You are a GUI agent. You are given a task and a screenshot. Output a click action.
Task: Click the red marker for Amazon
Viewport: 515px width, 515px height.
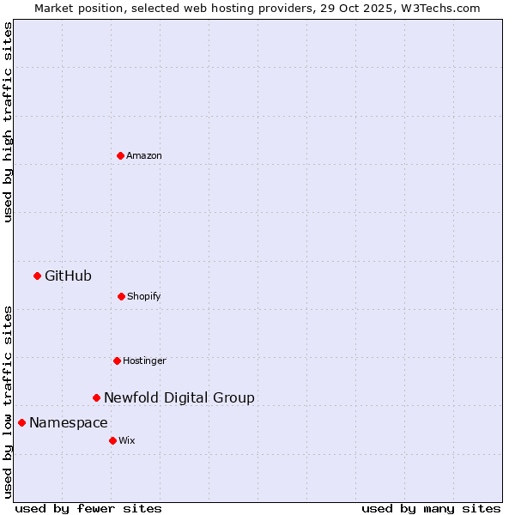(x=120, y=155)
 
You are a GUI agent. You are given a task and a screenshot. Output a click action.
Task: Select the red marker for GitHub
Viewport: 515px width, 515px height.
(x=37, y=276)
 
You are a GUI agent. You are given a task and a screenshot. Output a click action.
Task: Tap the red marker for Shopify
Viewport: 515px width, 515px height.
(x=121, y=296)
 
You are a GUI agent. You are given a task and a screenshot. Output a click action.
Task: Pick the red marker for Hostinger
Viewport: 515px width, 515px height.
(x=117, y=360)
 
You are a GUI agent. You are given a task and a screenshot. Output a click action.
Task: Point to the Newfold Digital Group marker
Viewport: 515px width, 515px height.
(x=96, y=397)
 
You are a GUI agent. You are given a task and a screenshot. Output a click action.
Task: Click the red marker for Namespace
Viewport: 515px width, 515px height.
(x=21, y=422)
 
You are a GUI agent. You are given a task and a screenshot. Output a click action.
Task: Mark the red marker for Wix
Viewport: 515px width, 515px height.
(x=112, y=440)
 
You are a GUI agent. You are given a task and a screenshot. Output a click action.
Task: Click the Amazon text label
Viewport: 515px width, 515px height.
(x=144, y=155)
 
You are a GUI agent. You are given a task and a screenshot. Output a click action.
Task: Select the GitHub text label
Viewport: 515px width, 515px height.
(x=68, y=276)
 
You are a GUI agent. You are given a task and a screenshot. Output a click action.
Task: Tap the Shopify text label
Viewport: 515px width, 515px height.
(x=144, y=296)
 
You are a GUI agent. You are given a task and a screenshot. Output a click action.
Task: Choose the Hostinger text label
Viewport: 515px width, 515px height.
(x=144, y=360)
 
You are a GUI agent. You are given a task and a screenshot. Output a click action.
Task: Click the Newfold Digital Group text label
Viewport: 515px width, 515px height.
(x=179, y=397)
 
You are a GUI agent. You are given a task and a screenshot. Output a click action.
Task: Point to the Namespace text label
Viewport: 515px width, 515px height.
(x=69, y=422)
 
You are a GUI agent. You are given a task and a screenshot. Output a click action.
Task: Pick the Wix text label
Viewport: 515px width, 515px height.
(x=127, y=440)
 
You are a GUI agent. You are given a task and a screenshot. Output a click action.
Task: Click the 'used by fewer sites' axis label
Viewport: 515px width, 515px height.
(x=88, y=508)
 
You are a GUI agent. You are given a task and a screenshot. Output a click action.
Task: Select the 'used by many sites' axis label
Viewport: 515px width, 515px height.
(x=431, y=508)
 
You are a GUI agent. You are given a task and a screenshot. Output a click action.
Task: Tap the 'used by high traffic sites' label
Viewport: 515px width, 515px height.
(x=8, y=122)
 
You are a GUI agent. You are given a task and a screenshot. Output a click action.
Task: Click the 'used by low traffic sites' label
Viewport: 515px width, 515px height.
(x=8, y=401)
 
